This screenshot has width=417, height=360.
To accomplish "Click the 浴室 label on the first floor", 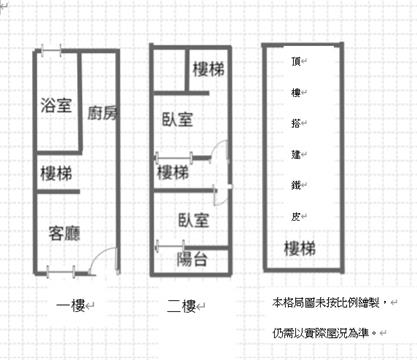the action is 56,105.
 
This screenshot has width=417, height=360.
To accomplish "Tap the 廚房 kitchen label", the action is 103,113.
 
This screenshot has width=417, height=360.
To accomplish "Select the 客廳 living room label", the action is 64,233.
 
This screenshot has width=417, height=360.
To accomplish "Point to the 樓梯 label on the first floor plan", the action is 56,174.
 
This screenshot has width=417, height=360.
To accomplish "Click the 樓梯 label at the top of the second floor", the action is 208,69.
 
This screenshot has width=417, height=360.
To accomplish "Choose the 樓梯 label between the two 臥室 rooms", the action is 173,173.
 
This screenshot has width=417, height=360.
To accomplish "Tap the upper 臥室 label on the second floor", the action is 177,119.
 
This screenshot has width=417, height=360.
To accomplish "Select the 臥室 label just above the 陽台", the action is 194,220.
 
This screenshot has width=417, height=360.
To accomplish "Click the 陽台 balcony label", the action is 192,259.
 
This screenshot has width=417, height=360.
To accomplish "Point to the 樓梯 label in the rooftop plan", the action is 300,249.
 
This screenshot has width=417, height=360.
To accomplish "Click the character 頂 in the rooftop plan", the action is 296,61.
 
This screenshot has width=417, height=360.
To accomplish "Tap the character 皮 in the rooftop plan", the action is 296,217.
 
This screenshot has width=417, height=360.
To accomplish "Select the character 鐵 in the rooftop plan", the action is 296,185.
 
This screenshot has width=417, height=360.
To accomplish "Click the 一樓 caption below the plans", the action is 71,305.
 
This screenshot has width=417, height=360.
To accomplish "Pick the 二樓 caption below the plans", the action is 181,306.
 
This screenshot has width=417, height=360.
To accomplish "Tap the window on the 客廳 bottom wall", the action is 61,272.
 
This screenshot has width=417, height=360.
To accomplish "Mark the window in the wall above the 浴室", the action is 51,51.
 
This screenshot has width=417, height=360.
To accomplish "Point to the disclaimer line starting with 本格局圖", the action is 326,303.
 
